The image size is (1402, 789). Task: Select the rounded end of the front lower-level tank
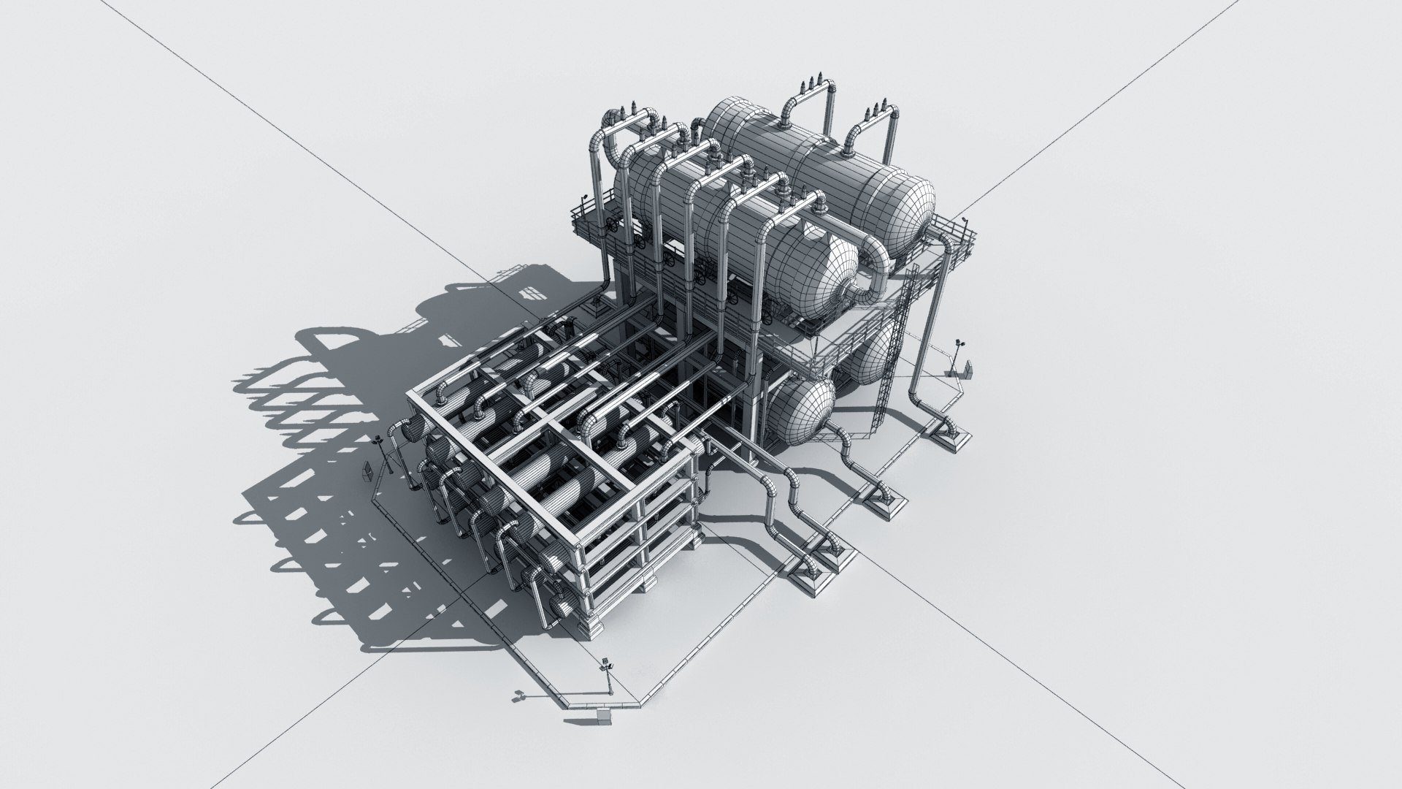click(803, 413)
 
